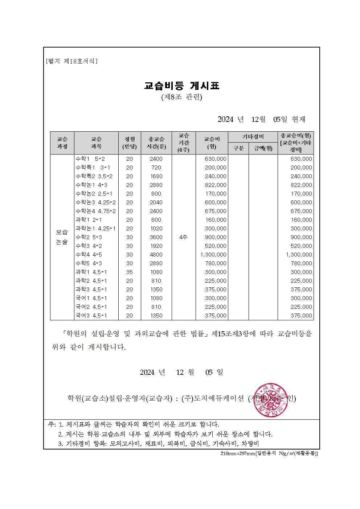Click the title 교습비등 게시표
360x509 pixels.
[181, 86]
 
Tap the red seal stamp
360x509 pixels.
[271, 400]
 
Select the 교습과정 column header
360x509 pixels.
[62, 143]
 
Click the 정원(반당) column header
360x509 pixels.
[130, 143]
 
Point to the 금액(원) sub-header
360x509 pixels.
[263, 148]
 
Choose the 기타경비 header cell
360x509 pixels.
[253, 137]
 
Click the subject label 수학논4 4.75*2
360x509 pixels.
[96, 211]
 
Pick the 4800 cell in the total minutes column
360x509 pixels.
[156, 255]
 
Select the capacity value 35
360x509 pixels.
[130, 272]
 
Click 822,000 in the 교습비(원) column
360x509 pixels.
[216, 185]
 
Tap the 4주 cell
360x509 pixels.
[183, 237]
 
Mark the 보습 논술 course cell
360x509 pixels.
[62, 237]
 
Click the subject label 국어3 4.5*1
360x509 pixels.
[91, 316]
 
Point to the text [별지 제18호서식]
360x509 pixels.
[72, 61]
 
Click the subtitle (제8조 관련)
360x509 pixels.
[181, 97]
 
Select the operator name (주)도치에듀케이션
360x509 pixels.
[213, 398]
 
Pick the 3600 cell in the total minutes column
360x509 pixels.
[156, 237]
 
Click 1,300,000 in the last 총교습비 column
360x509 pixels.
[299, 255]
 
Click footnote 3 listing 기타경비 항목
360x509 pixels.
[159, 444]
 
